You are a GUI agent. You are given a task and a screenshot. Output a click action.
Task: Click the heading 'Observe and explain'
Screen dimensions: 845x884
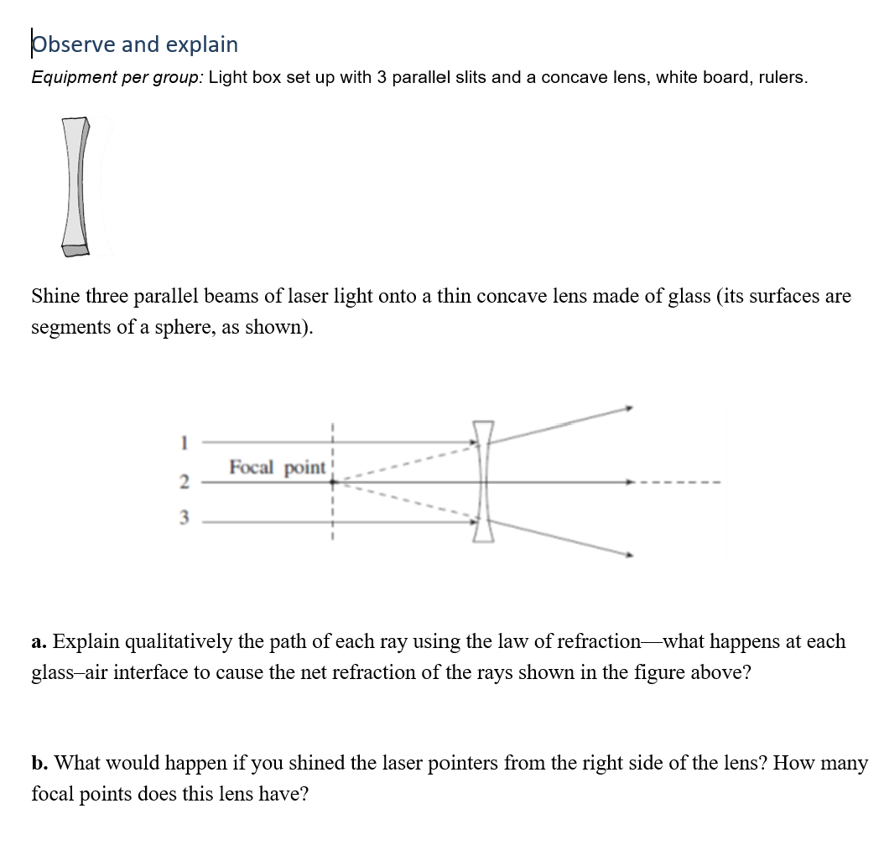134,44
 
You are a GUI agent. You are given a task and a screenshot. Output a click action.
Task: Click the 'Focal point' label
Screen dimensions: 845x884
278,467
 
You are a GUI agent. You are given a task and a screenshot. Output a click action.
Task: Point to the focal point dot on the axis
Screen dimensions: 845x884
333,482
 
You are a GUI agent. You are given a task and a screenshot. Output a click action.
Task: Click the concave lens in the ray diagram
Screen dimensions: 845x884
483,482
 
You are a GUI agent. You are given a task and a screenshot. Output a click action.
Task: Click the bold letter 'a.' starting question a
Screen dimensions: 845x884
39,642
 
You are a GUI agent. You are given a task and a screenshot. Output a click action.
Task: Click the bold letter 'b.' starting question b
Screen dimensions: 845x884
39,764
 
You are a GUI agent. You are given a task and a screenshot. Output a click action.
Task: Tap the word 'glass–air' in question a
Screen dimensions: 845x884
67,672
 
